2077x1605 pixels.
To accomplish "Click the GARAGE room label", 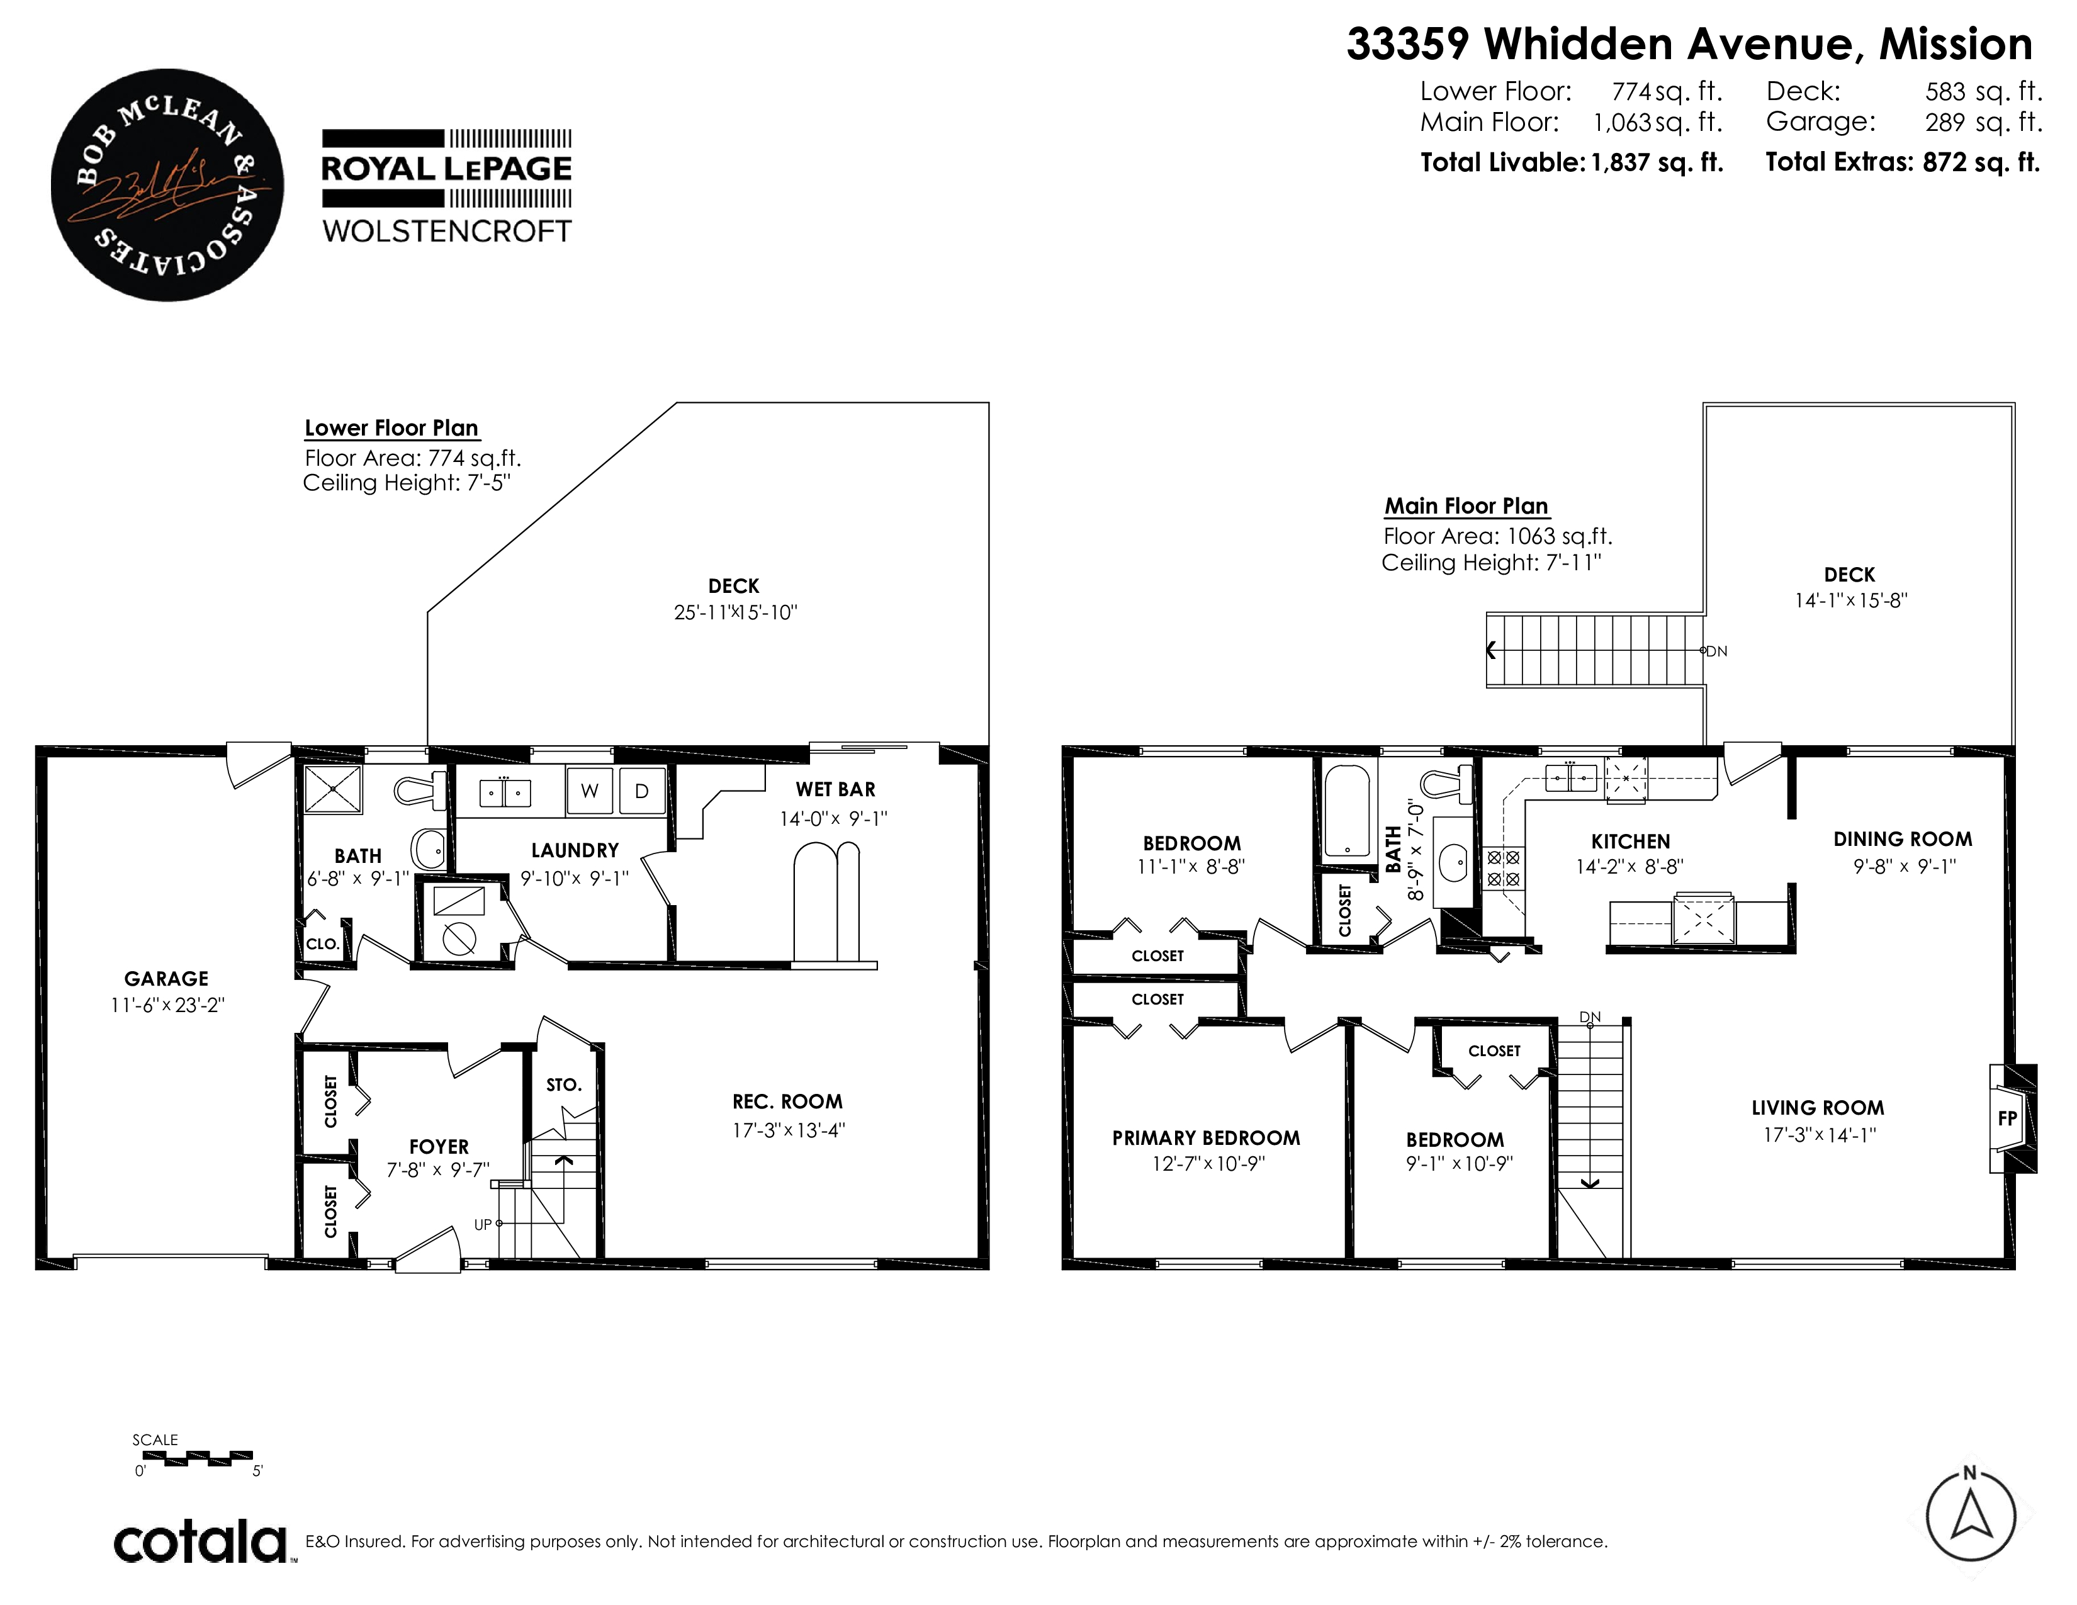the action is (166, 978).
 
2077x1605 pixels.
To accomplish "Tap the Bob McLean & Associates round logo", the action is (167, 184).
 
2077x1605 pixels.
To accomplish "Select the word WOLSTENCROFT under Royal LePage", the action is (447, 231).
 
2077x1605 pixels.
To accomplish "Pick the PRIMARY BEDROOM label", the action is (1206, 1138).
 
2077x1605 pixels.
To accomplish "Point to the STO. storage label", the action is (564, 1085).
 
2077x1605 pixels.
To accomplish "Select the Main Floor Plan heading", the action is (1466, 506).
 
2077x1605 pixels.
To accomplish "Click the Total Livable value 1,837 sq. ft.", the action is (1657, 162).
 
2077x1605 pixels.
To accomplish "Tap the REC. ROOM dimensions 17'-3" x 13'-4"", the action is (789, 1130).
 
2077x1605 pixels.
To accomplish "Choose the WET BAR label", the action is (836, 789).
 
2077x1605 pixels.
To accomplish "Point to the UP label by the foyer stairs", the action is (483, 1225).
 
